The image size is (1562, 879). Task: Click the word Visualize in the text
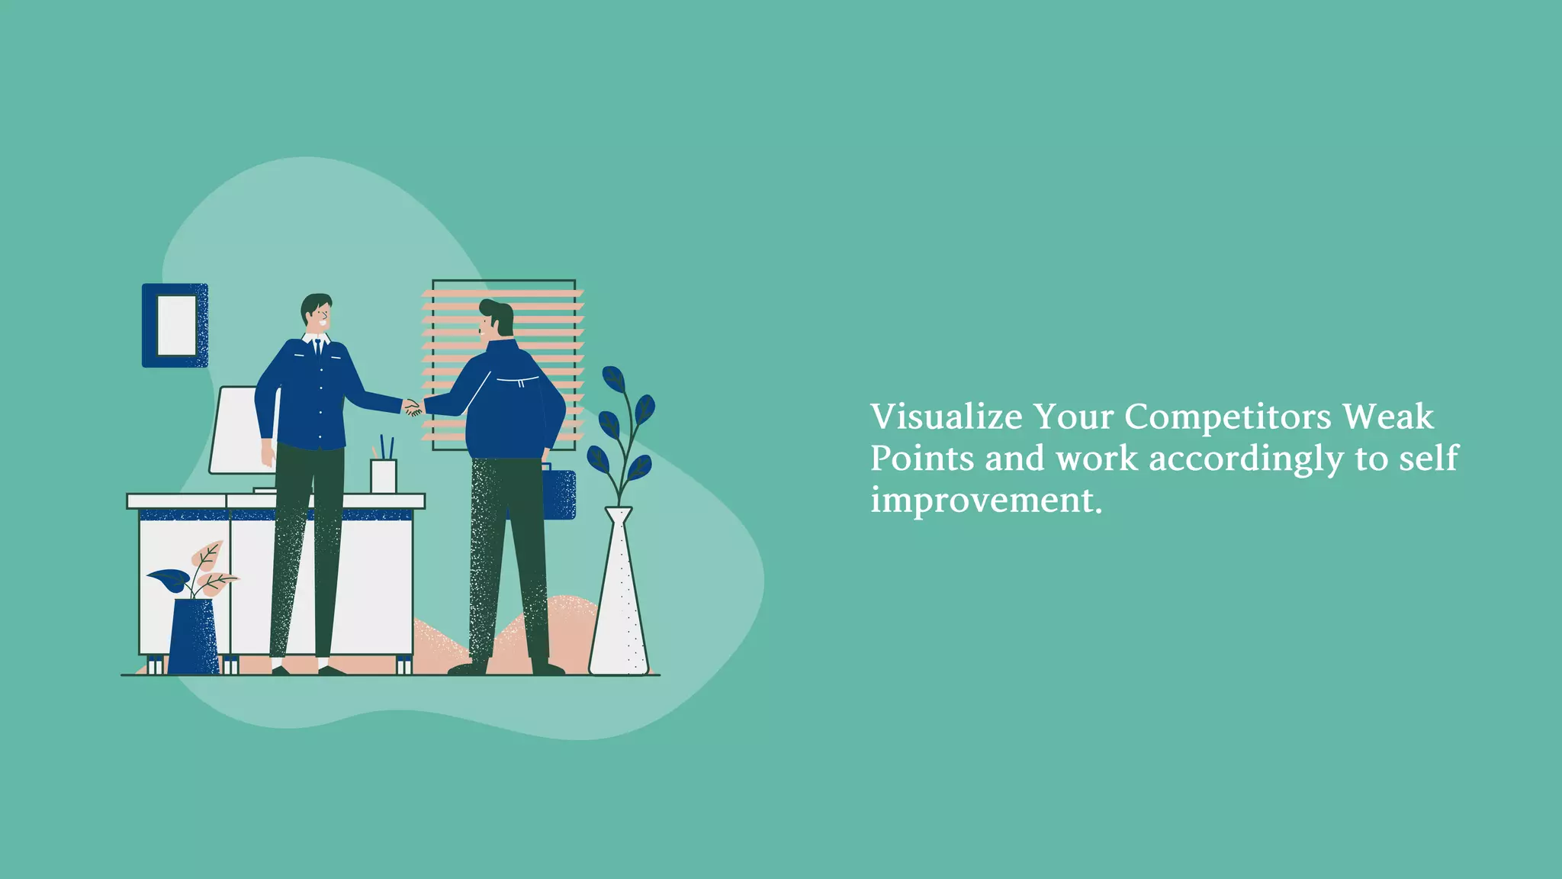947,417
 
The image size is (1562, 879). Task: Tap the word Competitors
1228,417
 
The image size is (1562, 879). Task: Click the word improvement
986,501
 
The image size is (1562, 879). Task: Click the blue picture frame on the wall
175,325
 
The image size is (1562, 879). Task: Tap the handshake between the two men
413,408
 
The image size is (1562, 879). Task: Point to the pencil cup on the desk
383,475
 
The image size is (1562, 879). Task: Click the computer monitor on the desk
236,430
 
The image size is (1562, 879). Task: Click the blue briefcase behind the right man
561,494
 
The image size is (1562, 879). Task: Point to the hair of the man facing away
499,314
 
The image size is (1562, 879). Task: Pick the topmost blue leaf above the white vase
613,378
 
